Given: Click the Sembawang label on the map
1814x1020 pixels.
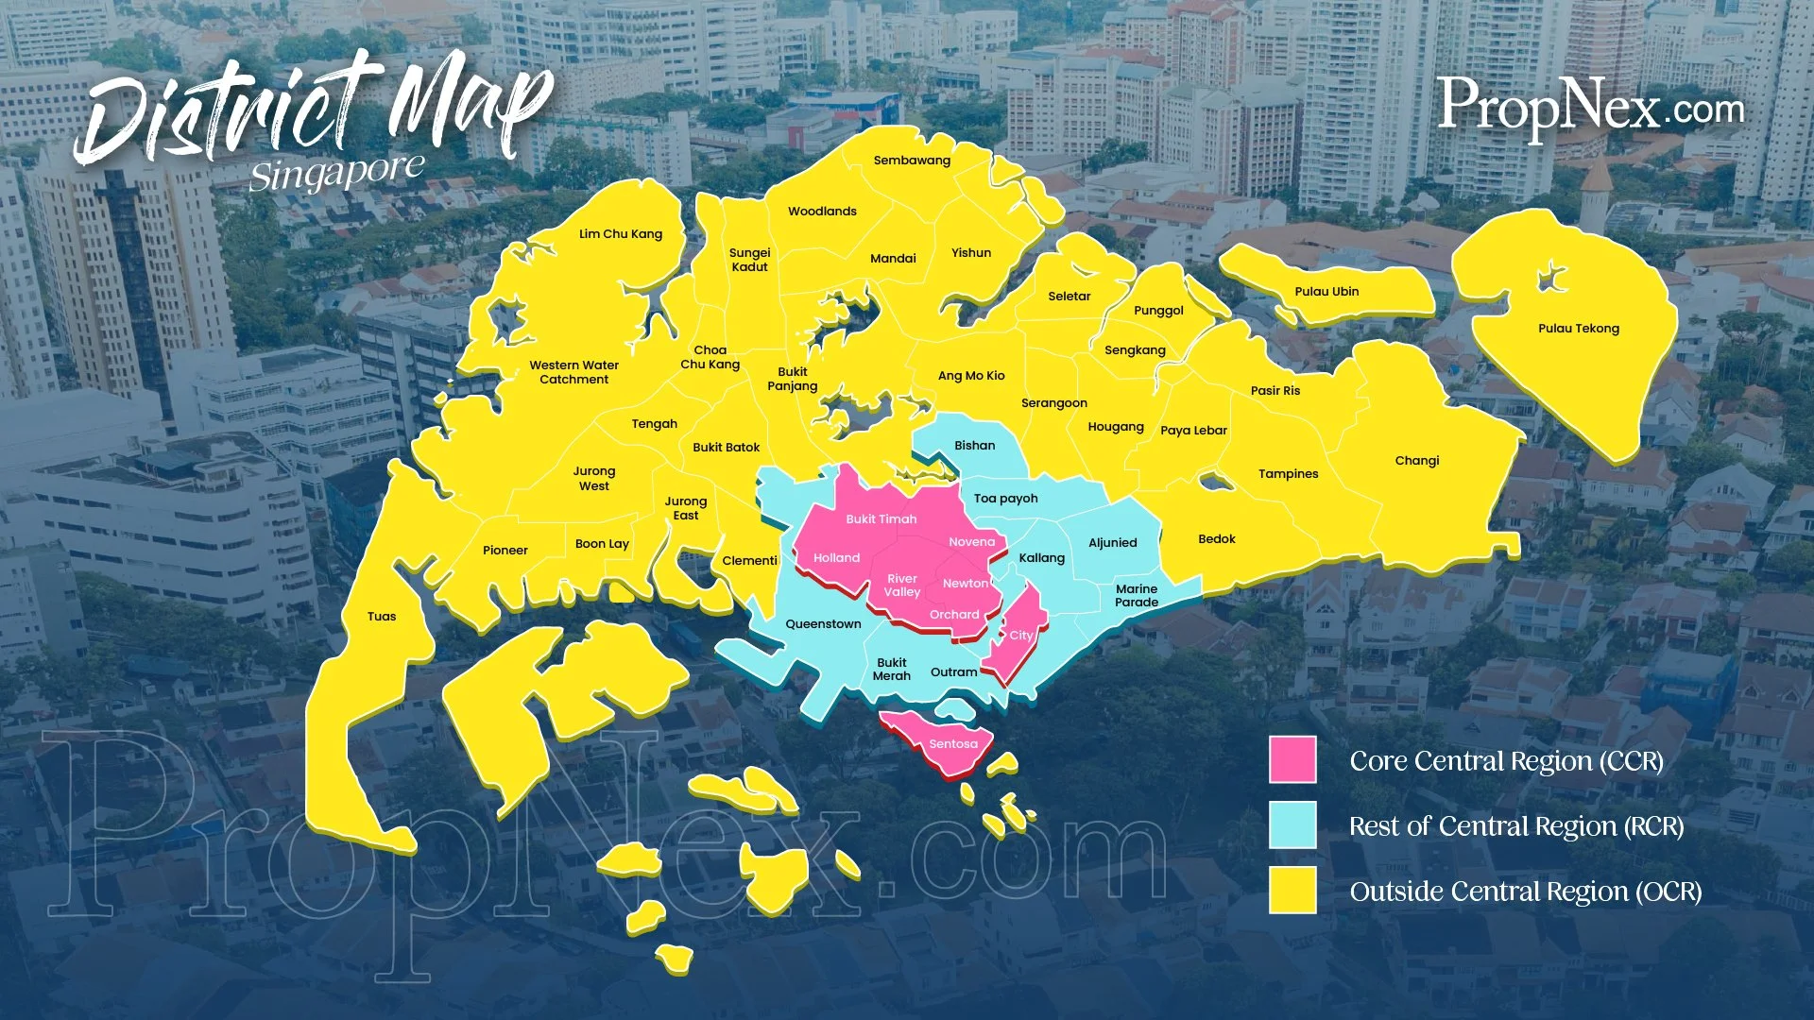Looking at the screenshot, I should (x=912, y=161).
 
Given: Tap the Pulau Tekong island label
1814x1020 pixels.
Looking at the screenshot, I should (x=1578, y=329).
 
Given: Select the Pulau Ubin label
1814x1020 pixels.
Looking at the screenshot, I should (x=1326, y=292).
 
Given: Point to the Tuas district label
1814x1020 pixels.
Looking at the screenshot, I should (x=382, y=617).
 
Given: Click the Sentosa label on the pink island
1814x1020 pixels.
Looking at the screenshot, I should (x=952, y=744).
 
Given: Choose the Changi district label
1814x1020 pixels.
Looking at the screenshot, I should (x=1416, y=461).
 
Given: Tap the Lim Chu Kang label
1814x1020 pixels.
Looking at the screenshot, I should (x=621, y=234).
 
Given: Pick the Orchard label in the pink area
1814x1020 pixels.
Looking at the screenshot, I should (x=954, y=615).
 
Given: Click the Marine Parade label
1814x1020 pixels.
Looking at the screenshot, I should (x=1136, y=595).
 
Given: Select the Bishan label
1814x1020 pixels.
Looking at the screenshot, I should (x=974, y=446).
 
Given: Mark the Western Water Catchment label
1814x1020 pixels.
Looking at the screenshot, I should (x=573, y=372).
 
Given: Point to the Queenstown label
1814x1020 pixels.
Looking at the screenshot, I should (x=823, y=624).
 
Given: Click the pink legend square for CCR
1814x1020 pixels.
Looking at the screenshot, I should (x=1292, y=760).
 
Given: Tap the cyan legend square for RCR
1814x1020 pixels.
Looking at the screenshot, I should (x=1292, y=825).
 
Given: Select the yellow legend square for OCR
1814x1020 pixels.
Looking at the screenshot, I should (x=1292, y=891).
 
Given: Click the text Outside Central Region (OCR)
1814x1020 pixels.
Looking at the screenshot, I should (x=1525, y=892).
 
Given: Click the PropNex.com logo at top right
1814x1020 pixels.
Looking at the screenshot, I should (x=1590, y=107).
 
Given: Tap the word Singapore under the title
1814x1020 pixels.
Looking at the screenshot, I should (x=336, y=174).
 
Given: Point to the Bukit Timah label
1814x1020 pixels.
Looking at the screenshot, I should (x=881, y=519).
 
